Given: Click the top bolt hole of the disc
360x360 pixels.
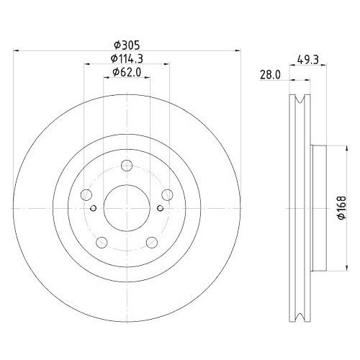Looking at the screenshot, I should coord(127,166).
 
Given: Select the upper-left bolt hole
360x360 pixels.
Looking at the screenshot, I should coord(86,194).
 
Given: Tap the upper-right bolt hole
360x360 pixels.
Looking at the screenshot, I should coord(167,194).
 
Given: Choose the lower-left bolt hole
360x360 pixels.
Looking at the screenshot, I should coord(102,242).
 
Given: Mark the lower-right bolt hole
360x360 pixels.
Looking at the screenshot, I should coord(152,242).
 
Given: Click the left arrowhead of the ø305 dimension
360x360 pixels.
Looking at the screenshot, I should coord(18,50).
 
